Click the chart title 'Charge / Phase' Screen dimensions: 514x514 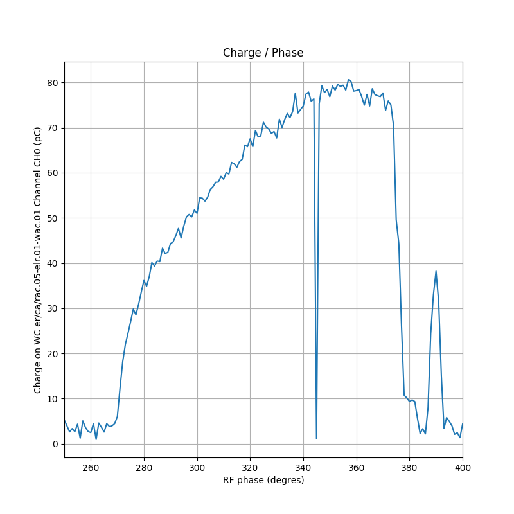(263, 53)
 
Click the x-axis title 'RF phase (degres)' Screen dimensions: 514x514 (263, 480)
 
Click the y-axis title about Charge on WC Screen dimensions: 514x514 (38, 260)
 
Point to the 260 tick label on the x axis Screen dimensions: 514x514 (91, 467)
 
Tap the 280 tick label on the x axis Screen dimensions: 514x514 (144, 467)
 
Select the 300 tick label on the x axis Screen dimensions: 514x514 (197, 467)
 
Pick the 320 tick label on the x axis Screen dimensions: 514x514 (250, 467)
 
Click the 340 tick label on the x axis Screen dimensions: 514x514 (303, 467)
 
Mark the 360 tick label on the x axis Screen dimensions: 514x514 (357, 467)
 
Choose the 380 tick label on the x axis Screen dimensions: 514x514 (409, 467)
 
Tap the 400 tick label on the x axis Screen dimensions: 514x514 (462, 467)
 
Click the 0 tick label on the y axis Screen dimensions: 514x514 (57, 444)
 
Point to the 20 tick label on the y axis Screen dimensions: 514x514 (54, 354)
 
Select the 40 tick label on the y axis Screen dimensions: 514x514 (54, 263)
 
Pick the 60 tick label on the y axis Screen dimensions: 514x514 (54, 173)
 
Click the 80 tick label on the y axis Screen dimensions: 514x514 (54, 83)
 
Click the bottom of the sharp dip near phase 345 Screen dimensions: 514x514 (317, 439)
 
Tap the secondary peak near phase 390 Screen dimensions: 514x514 (436, 271)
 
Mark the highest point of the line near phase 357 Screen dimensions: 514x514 (348, 80)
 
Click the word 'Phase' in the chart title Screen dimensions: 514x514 (287, 53)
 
